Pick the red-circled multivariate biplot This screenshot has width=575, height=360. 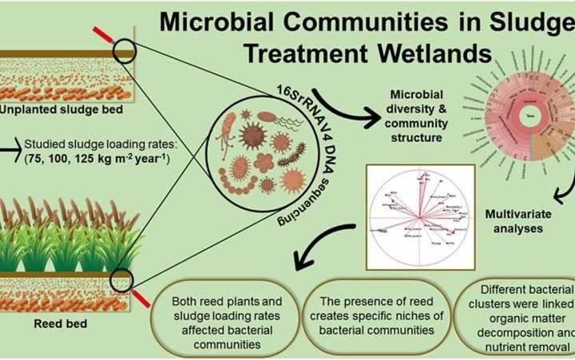(x=418, y=216)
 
